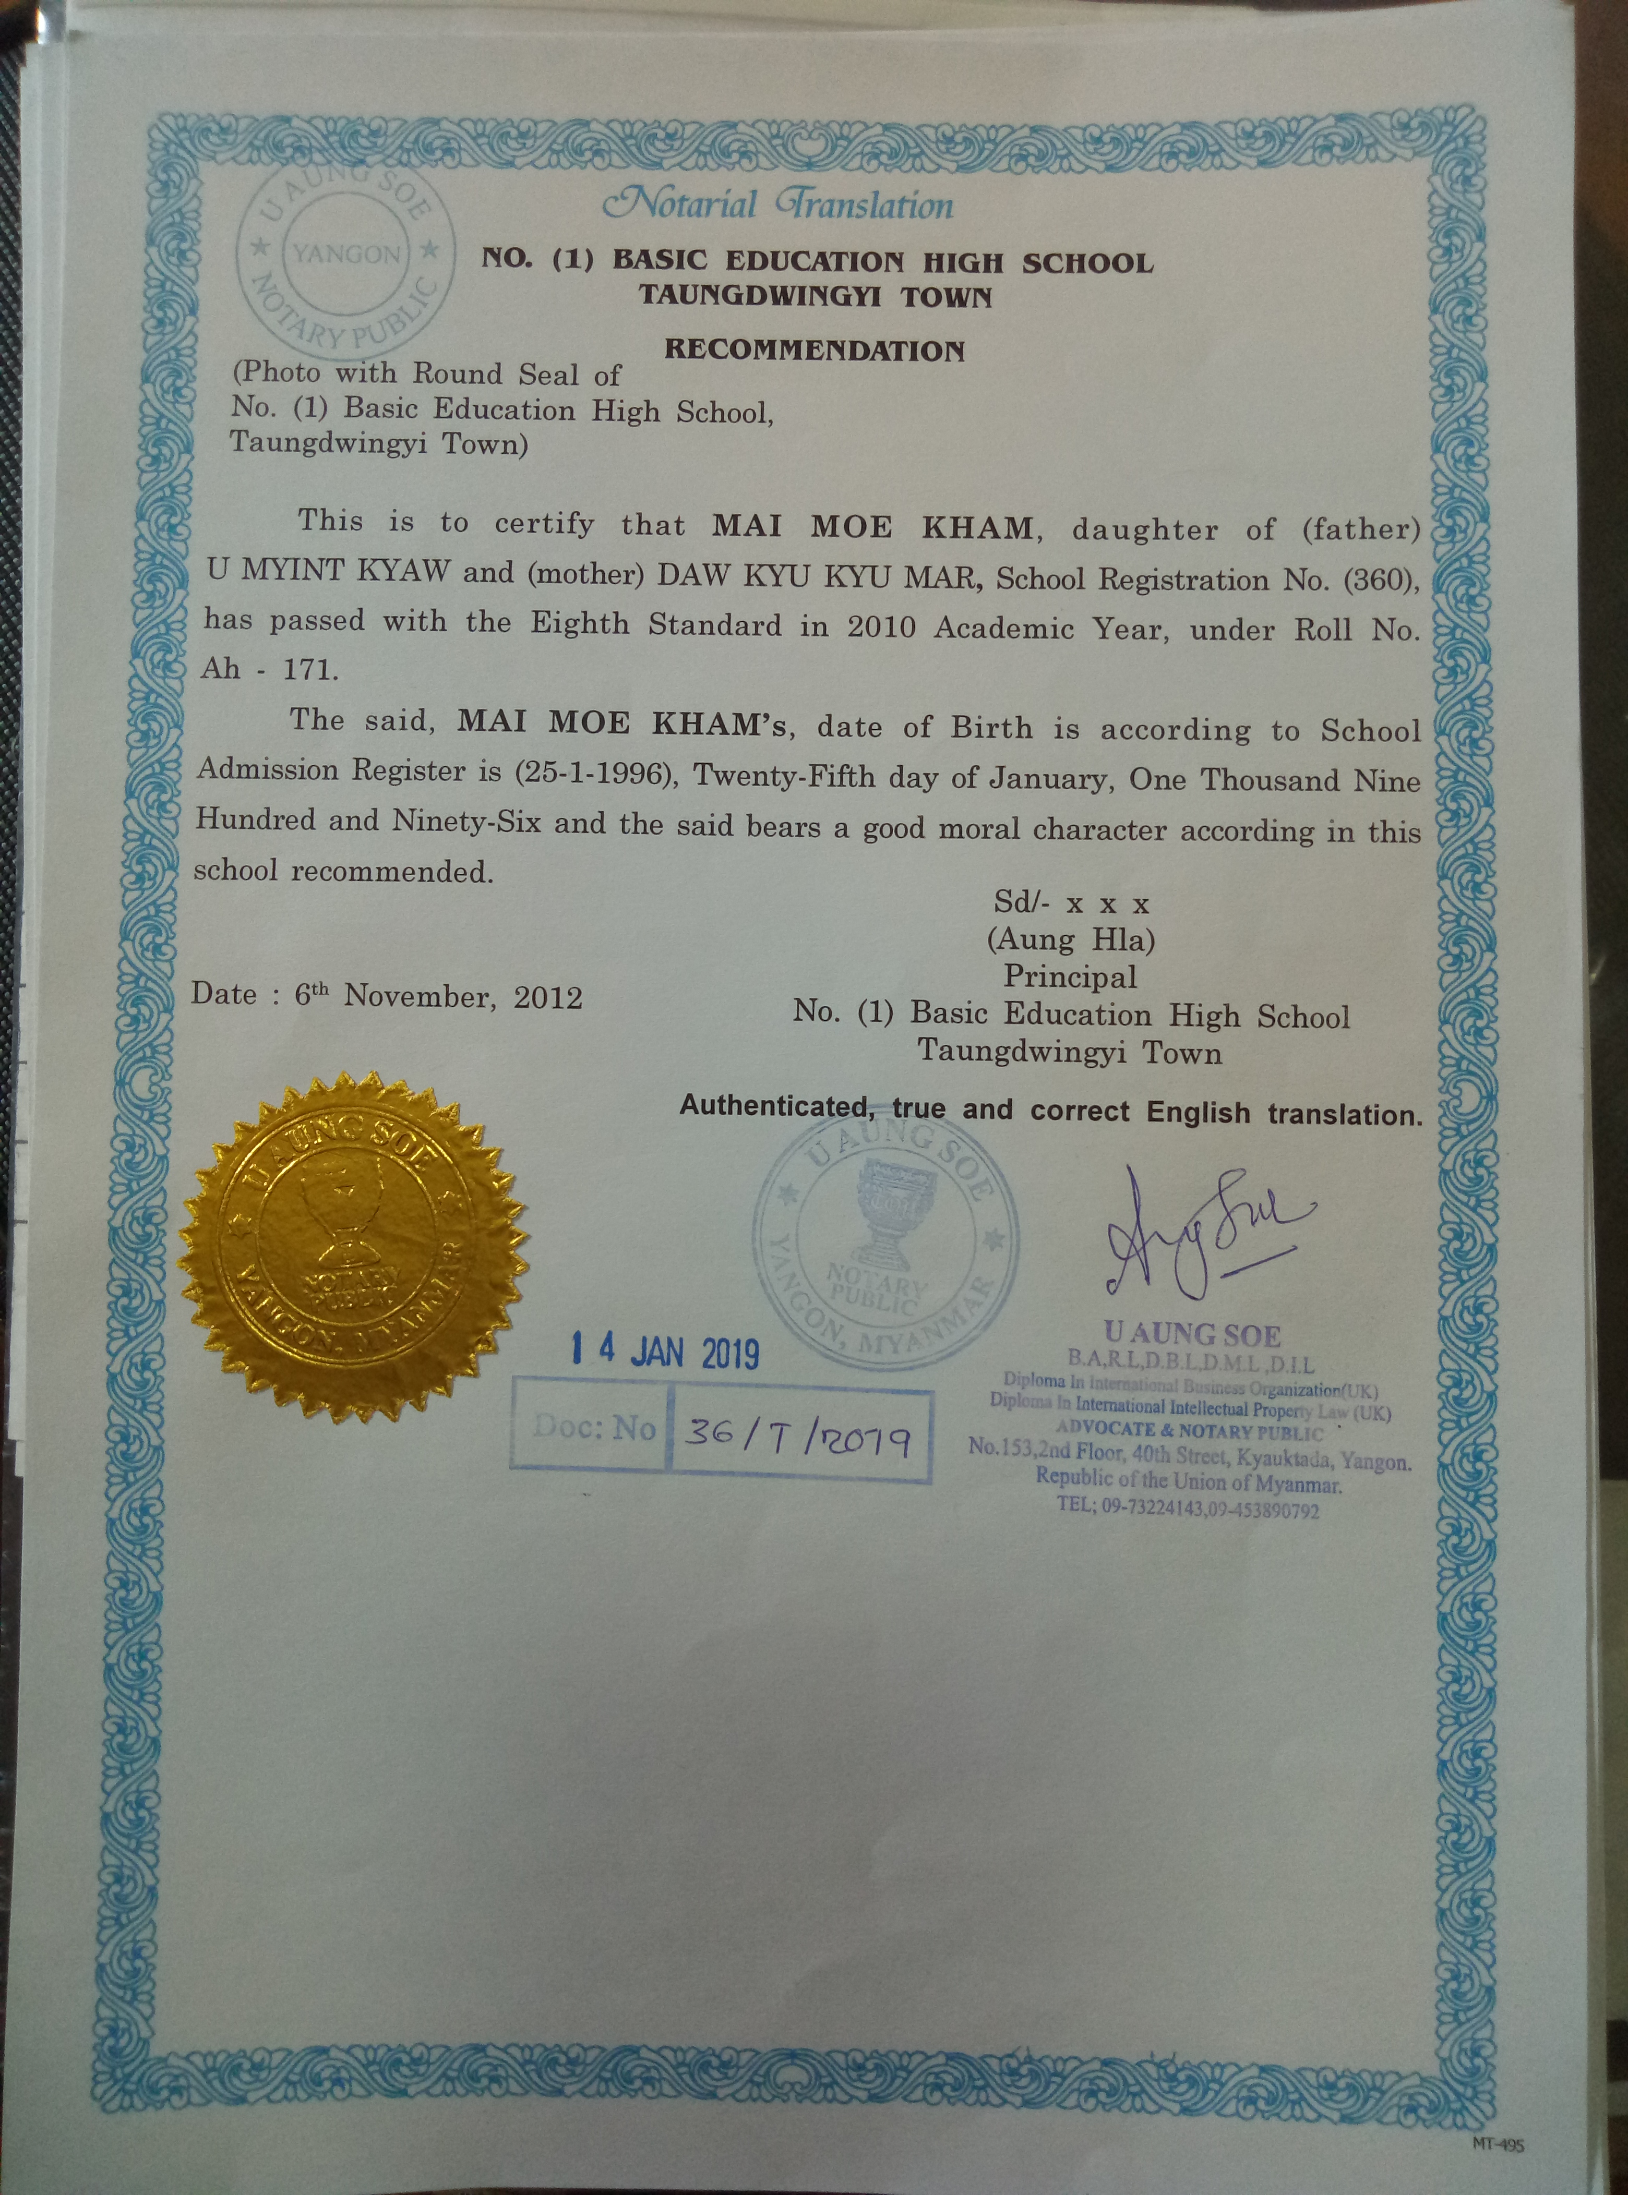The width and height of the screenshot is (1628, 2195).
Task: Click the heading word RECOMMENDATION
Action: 814,349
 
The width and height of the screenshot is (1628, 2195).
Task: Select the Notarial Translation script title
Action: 779,205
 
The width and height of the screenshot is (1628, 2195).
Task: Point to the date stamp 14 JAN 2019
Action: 666,1350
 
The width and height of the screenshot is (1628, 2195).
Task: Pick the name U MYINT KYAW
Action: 327,571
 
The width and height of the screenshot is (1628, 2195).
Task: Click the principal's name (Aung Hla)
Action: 1071,940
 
